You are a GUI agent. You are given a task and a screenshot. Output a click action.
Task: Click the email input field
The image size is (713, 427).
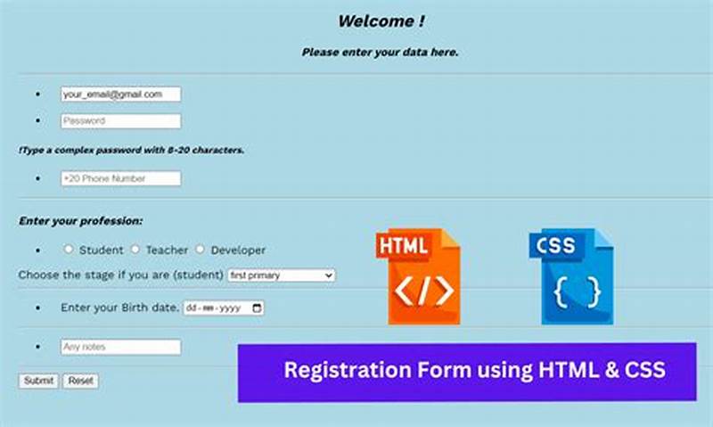[120, 94]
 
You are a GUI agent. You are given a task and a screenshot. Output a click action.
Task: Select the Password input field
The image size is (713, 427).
[120, 120]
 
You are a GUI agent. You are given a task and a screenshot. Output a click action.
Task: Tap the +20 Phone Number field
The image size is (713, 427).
[120, 178]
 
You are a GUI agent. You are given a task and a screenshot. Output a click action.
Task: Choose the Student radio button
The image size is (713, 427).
[69, 250]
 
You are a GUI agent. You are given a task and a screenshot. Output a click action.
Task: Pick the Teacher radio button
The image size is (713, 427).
[135, 250]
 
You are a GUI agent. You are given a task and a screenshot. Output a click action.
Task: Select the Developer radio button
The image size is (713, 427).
[201, 250]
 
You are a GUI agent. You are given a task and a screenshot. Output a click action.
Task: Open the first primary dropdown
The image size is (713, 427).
[281, 275]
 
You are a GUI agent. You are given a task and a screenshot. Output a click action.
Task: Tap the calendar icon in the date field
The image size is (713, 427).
[258, 308]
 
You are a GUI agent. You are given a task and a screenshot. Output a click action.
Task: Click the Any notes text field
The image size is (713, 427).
[120, 347]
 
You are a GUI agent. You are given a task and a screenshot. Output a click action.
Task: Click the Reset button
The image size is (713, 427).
[80, 381]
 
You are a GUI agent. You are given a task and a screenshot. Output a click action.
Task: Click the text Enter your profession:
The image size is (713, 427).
[80, 220]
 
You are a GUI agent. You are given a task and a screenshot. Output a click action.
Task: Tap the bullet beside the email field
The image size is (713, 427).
[37, 94]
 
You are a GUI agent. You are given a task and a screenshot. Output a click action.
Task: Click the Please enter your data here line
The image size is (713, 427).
[381, 52]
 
